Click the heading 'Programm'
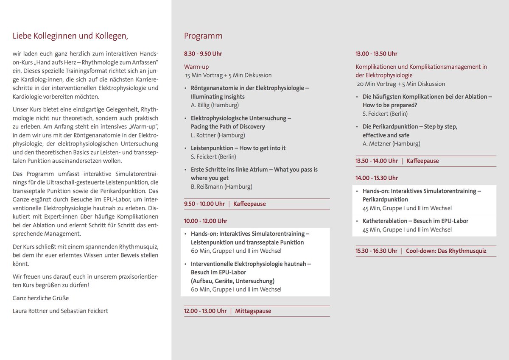tap(203, 36)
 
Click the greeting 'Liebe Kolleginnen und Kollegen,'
tap(70, 36)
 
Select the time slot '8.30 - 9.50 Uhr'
tap(203, 54)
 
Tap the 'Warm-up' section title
tap(196, 67)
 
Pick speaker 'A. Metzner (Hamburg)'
tap(391, 144)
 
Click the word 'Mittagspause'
tap(253, 311)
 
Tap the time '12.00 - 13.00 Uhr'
tap(205, 311)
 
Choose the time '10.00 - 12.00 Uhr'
tap(205, 221)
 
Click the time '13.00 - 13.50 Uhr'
tap(376, 54)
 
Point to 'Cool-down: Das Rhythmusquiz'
tap(446, 251)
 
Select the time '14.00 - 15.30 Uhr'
tap(377, 178)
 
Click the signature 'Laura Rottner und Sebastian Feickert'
tap(60, 311)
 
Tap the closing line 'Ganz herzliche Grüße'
tap(41, 298)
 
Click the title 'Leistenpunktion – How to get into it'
tap(238, 148)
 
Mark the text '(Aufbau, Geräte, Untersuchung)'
tap(232, 281)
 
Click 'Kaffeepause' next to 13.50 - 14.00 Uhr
tap(422, 161)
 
